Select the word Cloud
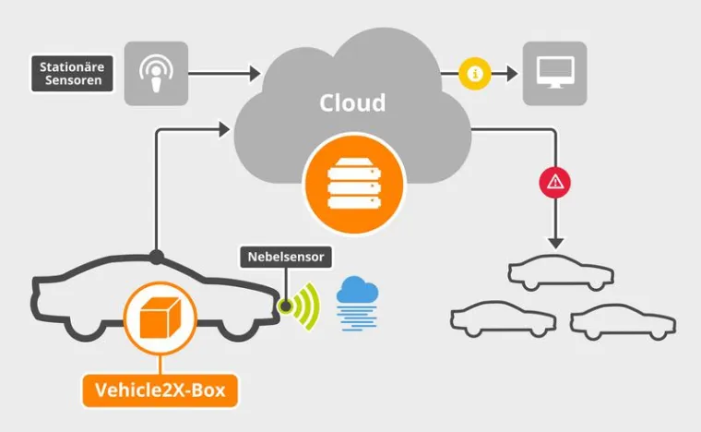click(x=352, y=102)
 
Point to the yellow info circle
click(x=473, y=73)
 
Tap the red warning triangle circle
click(x=554, y=182)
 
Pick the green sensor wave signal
click(x=304, y=306)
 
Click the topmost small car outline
click(x=560, y=271)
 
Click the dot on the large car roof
click(x=157, y=256)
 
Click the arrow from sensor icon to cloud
click(x=226, y=73)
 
